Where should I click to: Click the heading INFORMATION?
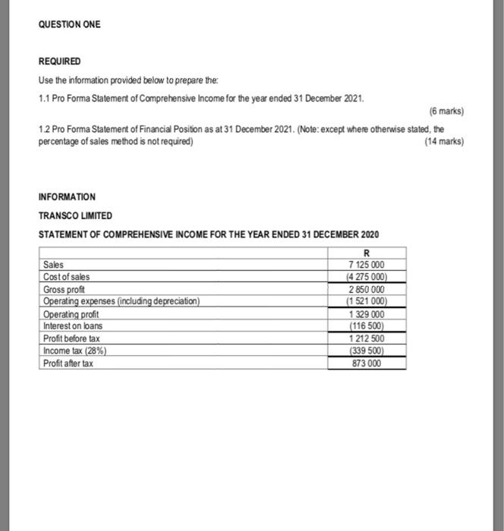(67, 197)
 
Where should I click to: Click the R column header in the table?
(367, 253)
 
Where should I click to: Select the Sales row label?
(54, 265)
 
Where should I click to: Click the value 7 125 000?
(367, 265)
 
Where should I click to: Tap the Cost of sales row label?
(67, 277)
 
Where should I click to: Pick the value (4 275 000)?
(367, 277)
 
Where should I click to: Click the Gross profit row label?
(65, 289)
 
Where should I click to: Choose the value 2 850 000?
(367, 289)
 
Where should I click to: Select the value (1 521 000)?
(367, 301)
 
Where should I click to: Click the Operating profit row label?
(71, 314)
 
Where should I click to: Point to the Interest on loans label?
(73, 325)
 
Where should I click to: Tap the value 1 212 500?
(367, 338)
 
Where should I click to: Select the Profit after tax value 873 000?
(367, 363)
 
